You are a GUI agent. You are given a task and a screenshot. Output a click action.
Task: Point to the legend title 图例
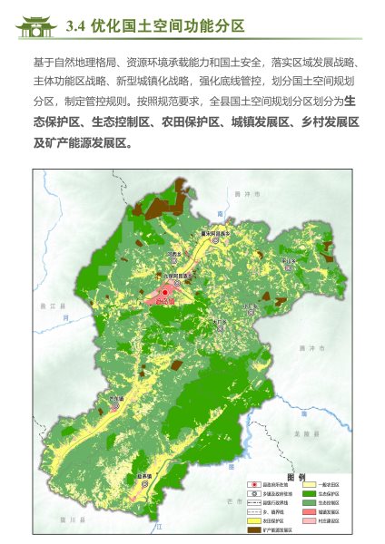pos(295,477)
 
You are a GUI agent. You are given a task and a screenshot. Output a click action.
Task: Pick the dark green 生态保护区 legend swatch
pos(309,493)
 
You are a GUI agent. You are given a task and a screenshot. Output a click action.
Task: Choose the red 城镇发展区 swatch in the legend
pos(309,511)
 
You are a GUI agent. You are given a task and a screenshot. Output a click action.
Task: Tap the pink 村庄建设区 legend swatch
pos(309,520)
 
